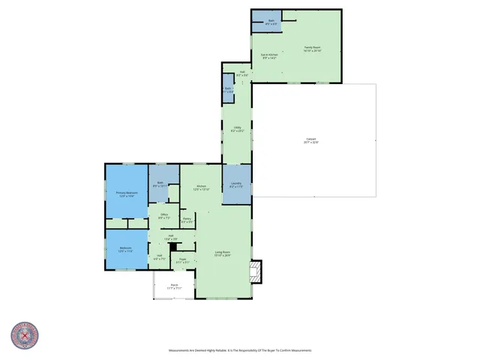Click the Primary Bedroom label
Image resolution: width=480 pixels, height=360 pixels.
click(125, 193)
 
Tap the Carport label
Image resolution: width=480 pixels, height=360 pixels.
click(311, 140)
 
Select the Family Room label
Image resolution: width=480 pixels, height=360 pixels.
click(313, 49)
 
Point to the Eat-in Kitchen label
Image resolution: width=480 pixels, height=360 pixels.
click(269, 56)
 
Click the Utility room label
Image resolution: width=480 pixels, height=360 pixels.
click(237, 129)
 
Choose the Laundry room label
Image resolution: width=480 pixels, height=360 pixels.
click(236, 184)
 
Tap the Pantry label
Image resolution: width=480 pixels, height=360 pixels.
click(187, 220)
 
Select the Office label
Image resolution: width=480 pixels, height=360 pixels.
click(164, 216)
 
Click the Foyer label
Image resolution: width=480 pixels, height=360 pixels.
click(182, 260)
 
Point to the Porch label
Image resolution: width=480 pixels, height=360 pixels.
click(174, 286)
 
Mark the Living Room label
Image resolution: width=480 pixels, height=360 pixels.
click(223, 253)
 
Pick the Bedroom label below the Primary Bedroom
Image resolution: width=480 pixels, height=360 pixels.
click(125, 249)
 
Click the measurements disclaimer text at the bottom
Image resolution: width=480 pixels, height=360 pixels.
click(240, 350)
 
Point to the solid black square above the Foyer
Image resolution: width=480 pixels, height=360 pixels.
click(172, 246)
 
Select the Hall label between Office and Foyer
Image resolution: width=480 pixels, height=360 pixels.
click(170, 238)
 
